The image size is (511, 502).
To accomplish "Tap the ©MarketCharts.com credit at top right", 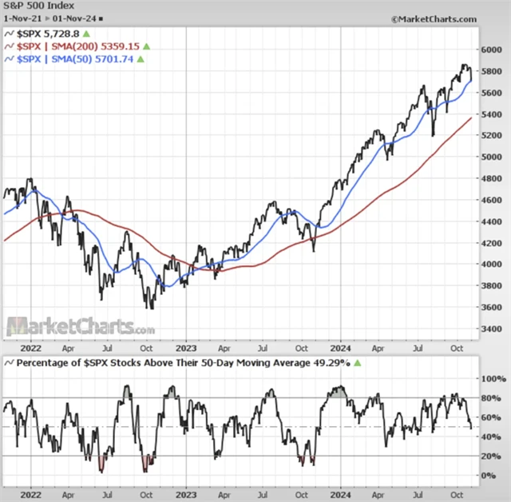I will coord(434,18).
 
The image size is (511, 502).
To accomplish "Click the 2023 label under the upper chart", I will coord(185,348).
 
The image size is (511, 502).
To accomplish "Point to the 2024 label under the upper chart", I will coord(341,348).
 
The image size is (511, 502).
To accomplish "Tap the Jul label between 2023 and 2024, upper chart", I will coord(263,348).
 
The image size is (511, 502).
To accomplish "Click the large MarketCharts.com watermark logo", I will coord(81,326).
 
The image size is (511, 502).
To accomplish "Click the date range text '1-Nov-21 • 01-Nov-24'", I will coord(49,18).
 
